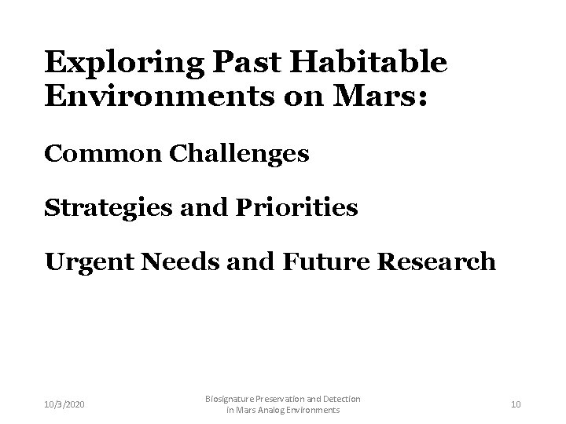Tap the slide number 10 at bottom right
tap(516, 404)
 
